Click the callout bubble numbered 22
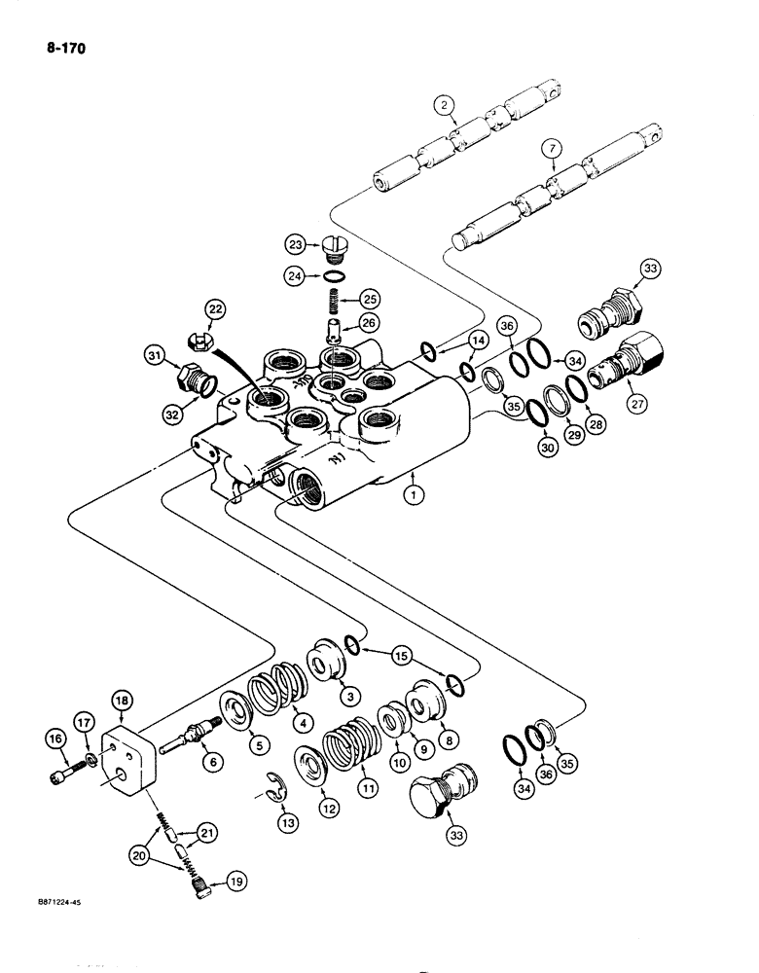214,310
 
